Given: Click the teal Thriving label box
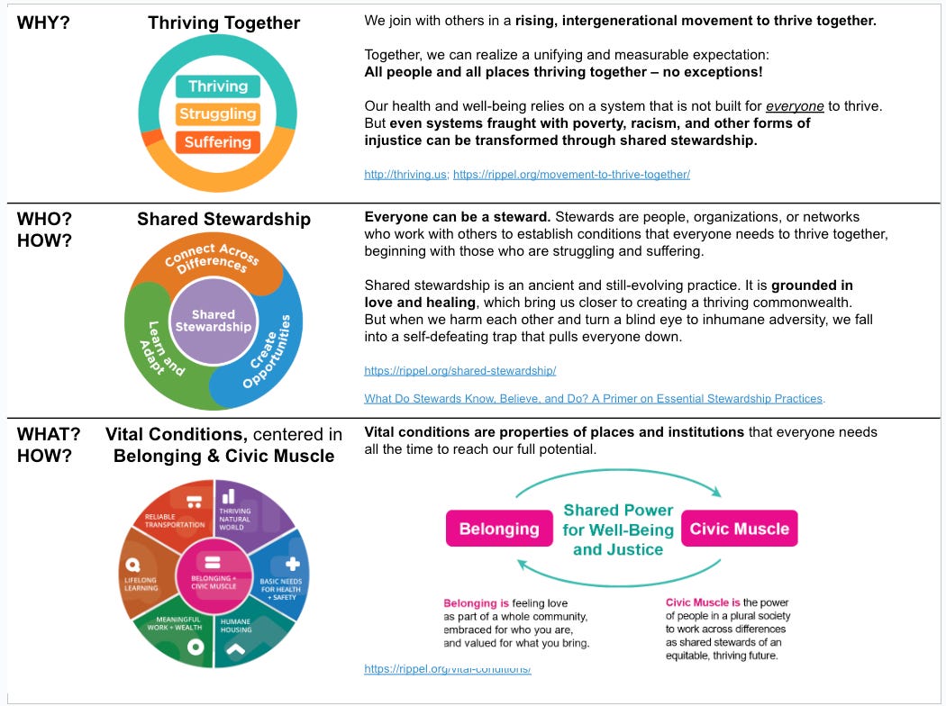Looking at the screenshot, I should pos(217,86).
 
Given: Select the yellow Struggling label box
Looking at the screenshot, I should pos(217,114).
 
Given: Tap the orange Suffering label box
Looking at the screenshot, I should pos(217,142).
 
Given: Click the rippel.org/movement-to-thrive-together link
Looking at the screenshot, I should pos(571,175).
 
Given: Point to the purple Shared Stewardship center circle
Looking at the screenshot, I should pos(213,321).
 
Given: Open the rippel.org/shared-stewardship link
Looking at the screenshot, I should pos(459,370).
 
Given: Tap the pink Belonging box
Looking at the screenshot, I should pos(499,529).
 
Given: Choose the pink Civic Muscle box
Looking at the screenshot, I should pos(739,529).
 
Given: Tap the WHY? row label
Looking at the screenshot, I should pos(43,23).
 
